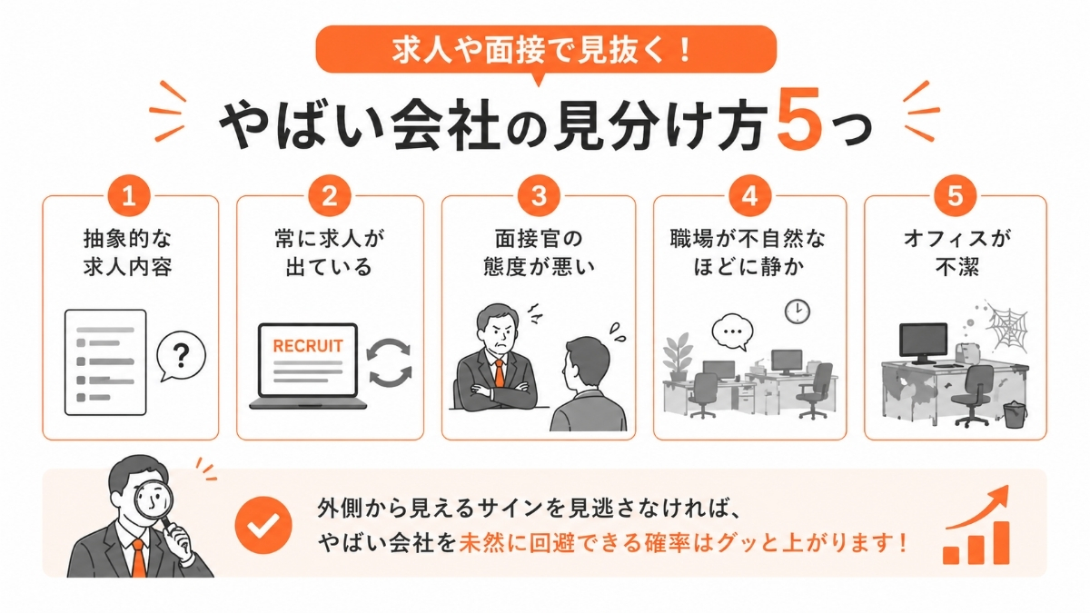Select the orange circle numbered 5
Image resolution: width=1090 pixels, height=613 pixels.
955,196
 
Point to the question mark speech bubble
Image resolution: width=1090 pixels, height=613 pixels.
181,357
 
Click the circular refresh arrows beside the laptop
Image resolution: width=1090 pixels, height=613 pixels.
390,362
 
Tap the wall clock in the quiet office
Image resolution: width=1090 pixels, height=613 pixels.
797,311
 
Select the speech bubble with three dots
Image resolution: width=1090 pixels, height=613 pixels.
733,332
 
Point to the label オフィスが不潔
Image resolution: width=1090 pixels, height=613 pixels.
954,253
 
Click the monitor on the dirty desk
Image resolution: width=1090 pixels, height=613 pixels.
923,341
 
